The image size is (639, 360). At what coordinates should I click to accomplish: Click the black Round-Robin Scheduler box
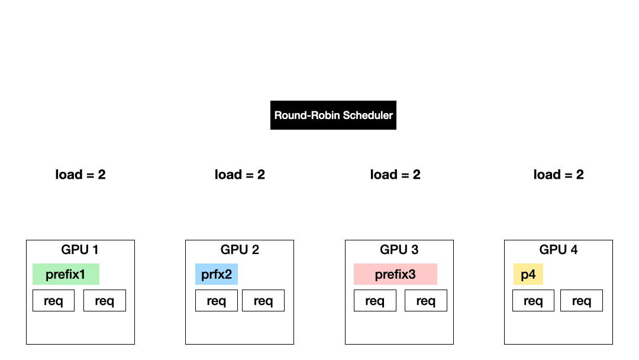333,115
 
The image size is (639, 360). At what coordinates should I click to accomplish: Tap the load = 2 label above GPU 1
80,175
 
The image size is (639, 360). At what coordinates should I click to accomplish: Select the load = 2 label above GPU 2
240,175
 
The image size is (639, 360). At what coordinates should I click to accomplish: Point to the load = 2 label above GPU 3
395,175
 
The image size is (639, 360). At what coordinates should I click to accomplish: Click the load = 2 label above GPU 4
559,175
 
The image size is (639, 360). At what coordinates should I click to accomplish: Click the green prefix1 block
66,274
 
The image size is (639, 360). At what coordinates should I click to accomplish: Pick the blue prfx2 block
217,274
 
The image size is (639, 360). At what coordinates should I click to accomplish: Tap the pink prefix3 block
395,274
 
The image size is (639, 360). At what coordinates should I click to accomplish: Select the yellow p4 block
528,274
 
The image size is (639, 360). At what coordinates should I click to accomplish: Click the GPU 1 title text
80,250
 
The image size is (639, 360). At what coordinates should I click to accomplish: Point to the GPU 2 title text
240,250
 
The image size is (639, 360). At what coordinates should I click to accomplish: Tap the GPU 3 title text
399,250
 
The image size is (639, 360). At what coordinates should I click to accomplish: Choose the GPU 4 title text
559,250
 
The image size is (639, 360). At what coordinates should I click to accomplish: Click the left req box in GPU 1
53,301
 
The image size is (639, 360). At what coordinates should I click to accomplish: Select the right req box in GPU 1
105,301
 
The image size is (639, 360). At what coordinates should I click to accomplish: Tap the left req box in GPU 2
217,301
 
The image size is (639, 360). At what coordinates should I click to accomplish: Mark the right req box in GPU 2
263,301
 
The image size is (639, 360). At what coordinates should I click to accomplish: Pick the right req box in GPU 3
426,301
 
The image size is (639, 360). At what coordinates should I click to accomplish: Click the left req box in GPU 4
533,301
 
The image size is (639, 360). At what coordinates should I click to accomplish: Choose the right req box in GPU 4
582,301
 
